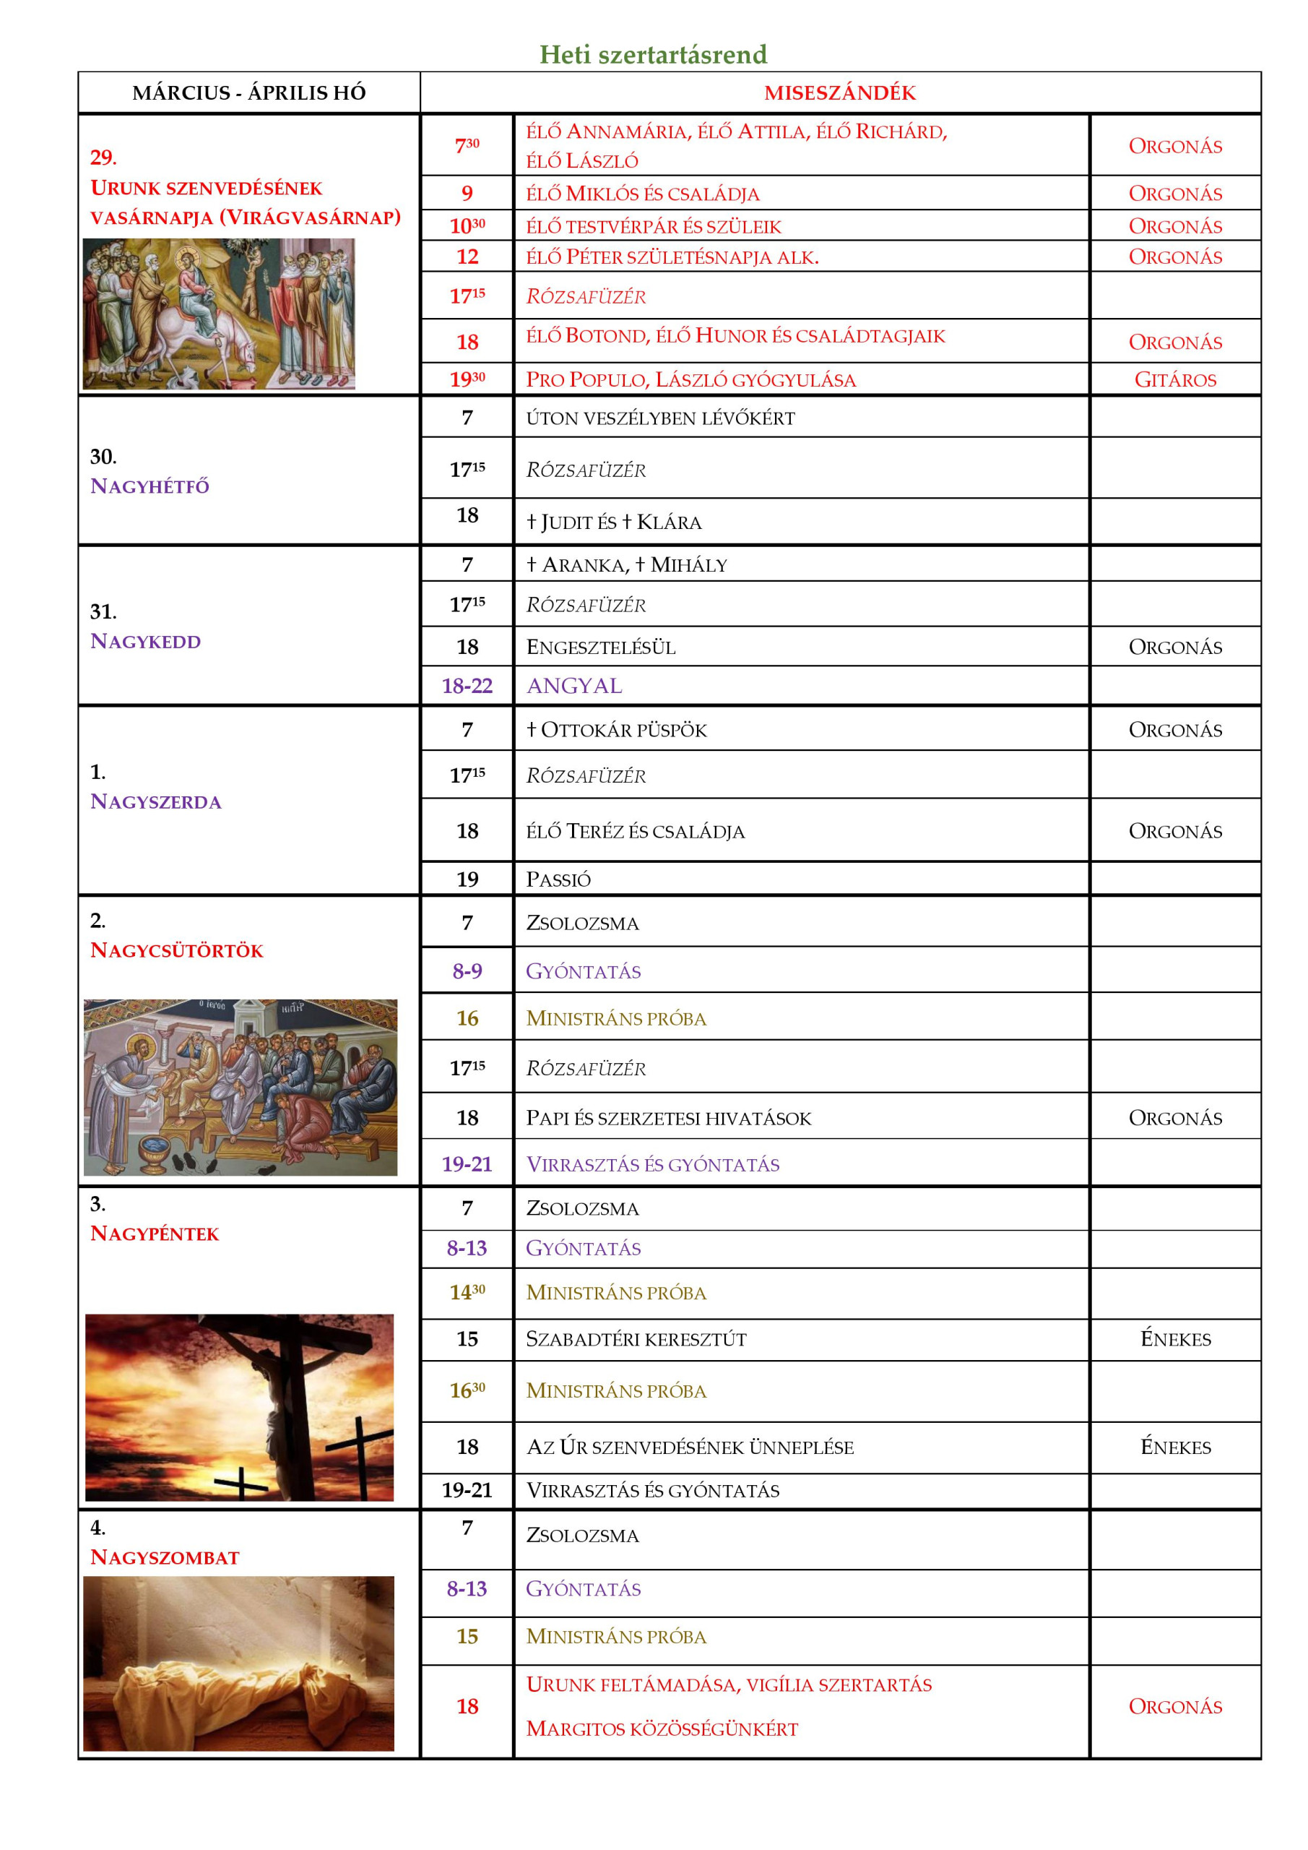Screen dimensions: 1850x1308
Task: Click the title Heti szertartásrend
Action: (x=652, y=54)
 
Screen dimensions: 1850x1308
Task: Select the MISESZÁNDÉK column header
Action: (x=839, y=92)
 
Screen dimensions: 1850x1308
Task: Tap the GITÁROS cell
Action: (x=1174, y=379)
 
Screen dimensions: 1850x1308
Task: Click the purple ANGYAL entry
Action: (x=573, y=686)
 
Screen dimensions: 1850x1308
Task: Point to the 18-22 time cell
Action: (x=467, y=686)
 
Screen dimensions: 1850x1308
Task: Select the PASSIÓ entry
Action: (x=558, y=879)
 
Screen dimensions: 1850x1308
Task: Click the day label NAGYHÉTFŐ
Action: (x=150, y=486)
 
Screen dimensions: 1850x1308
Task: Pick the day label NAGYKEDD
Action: (x=146, y=642)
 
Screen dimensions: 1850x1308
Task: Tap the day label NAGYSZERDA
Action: (x=155, y=801)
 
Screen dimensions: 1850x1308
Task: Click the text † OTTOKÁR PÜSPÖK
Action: (x=616, y=730)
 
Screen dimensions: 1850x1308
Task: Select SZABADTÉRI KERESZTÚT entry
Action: (x=636, y=1339)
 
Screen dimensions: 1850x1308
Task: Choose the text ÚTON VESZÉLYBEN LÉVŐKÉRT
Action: (x=659, y=418)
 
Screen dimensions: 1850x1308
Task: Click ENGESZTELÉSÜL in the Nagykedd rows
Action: (x=601, y=647)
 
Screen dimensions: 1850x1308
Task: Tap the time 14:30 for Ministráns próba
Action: (x=467, y=1292)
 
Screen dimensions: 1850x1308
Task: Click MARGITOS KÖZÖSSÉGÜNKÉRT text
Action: (x=662, y=1729)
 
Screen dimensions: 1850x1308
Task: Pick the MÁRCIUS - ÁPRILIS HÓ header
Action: (x=249, y=92)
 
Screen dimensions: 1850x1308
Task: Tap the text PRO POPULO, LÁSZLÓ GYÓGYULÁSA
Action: (x=690, y=379)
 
